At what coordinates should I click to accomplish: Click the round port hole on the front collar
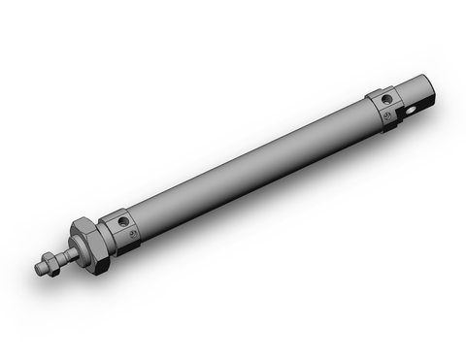pyautogui.click(x=123, y=221)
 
